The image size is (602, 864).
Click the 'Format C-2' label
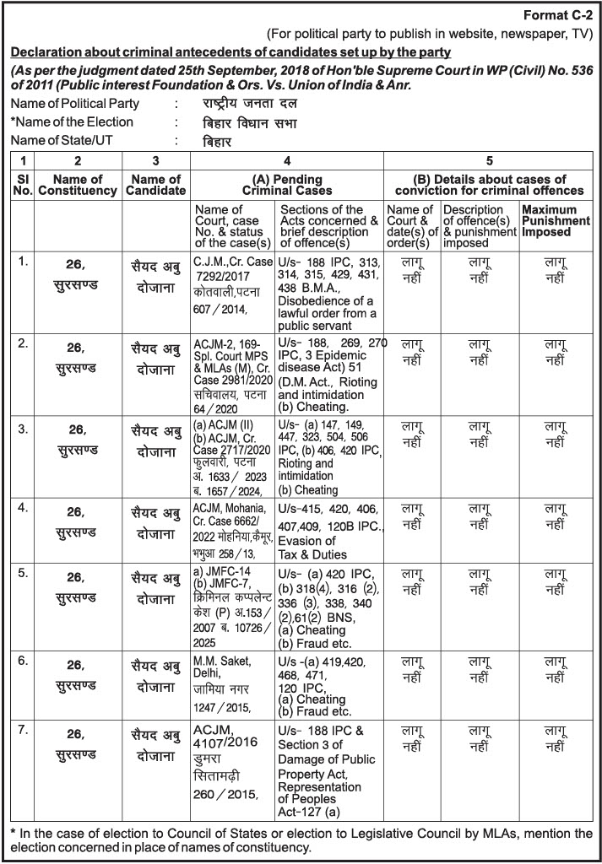[559, 16]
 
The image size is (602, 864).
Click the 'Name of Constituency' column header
[78, 185]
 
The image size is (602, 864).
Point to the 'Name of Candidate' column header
[156, 185]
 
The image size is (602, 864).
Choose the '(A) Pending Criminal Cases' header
[287, 185]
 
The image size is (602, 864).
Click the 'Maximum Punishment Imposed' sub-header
[555, 220]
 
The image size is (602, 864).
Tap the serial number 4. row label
[24, 508]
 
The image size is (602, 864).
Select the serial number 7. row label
[24, 729]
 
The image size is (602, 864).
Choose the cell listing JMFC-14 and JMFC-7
[232, 604]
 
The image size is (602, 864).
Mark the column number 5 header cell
[489, 160]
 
